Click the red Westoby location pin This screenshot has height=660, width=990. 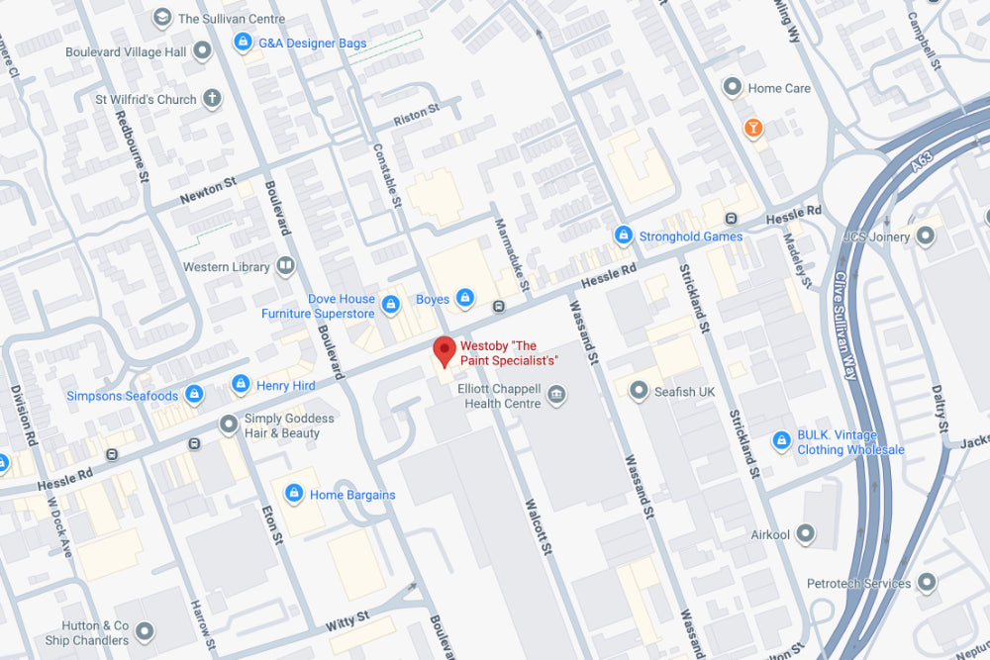click(x=445, y=350)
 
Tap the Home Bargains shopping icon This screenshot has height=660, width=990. click(x=293, y=494)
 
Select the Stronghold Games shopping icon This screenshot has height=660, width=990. click(x=623, y=236)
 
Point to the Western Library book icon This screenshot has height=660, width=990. click(x=285, y=266)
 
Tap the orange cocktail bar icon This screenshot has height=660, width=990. click(x=753, y=128)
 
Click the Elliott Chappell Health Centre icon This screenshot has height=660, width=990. click(x=556, y=396)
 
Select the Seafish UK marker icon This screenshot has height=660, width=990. click(x=639, y=391)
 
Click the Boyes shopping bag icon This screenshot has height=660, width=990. click(x=465, y=298)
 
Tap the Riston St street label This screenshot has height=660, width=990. click(x=416, y=115)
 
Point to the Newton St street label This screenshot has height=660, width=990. click(x=208, y=191)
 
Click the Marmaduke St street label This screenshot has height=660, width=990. click(x=513, y=255)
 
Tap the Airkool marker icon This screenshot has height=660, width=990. click(x=807, y=534)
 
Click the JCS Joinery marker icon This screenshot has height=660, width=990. click(x=926, y=236)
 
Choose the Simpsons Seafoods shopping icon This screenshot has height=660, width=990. click(x=194, y=396)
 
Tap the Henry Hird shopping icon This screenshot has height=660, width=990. click(x=241, y=384)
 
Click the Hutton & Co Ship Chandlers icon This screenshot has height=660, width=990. click(x=146, y=631)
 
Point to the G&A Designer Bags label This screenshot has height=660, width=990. click(x=312, y=44)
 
